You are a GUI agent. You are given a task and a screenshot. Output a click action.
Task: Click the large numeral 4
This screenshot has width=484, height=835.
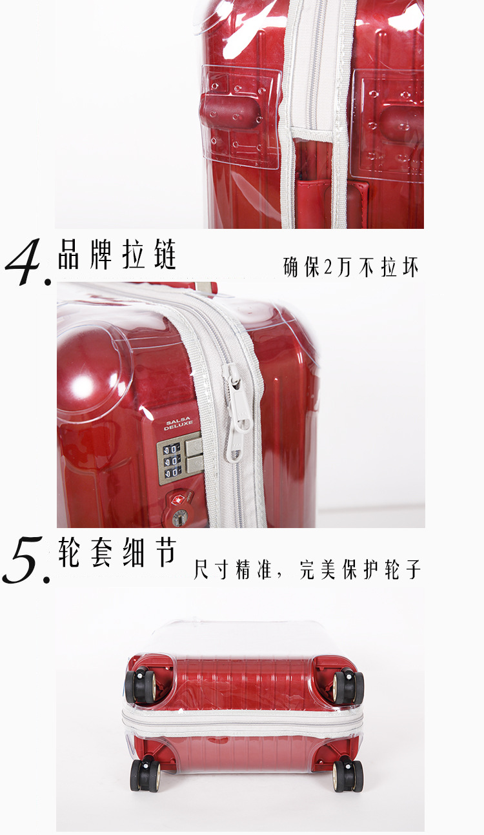click(25, 262)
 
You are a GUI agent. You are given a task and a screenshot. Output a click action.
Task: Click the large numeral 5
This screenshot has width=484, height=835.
click(25, 560)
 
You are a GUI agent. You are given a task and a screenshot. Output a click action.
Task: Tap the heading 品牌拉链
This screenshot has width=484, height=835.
click(117, 255)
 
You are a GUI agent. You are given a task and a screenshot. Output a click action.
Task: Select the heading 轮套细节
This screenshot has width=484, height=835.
click(117, 552)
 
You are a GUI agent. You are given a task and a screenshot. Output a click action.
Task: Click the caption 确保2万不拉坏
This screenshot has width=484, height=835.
click(351, 267)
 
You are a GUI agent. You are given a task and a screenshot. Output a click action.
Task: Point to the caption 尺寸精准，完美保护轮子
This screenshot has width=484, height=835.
click(307, 569)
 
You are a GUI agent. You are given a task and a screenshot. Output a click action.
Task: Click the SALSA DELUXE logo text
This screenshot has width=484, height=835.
click(179, 424)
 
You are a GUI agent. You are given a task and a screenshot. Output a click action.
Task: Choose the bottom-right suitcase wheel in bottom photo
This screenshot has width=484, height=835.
click(348, 775)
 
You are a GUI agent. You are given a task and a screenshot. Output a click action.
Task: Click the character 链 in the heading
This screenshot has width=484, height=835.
click(165, 255)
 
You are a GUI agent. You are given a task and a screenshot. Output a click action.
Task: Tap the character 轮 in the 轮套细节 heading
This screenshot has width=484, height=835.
click(69, 552)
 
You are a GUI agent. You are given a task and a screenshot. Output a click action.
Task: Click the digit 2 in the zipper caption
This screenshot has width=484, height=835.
click(328, 268)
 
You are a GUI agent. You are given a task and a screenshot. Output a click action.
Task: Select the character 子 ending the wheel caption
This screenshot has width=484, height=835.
click(414, 569)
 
